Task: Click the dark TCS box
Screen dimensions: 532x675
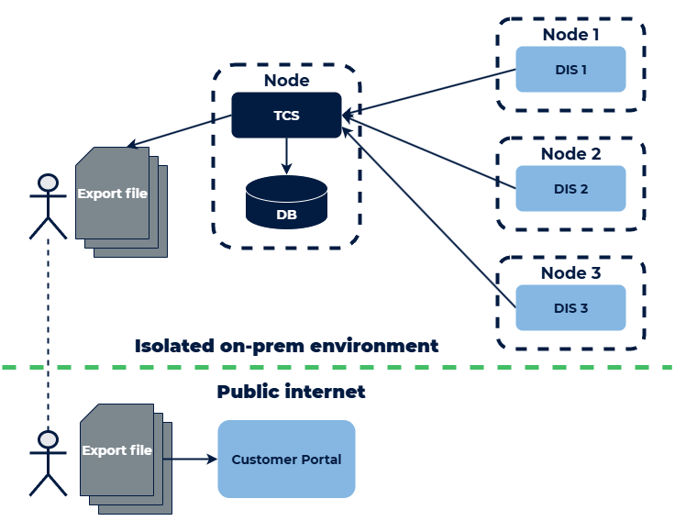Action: pos(286,116)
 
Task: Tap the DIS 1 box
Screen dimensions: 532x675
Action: pos(570,70)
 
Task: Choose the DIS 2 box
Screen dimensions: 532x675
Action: pos(570,189)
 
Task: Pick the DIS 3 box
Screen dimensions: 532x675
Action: pos(570,308)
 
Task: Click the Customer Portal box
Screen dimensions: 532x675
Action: pos(286,459)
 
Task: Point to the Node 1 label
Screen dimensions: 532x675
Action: pos(570,35)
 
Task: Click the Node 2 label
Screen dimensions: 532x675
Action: pos(570,154)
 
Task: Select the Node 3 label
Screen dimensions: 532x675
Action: pos(570,273)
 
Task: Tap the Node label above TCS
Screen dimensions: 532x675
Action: pos(286,81)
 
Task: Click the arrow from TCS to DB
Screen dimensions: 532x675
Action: pos(286,156)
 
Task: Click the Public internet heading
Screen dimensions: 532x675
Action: pos(291,392)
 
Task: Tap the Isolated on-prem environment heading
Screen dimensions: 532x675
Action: pos(286,346)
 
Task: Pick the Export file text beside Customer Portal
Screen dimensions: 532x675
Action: pos(116,450)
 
